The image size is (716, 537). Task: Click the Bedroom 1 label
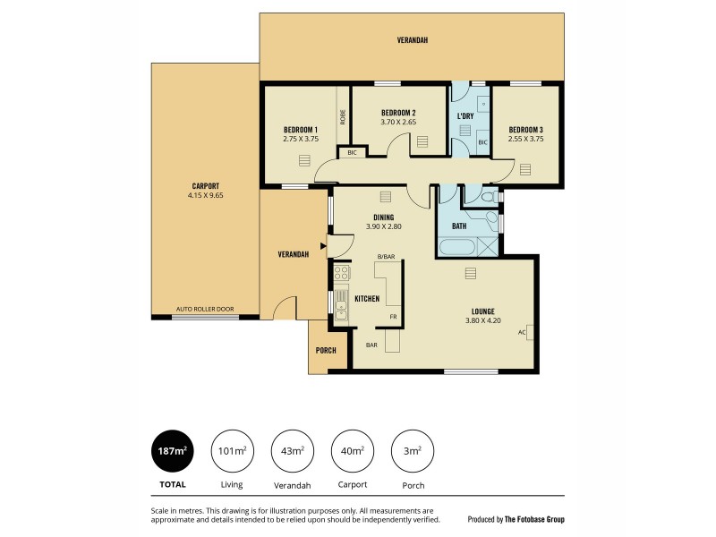301,130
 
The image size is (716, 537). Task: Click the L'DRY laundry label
465,116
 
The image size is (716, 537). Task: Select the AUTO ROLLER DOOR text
205,309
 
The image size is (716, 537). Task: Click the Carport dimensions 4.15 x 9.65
205,195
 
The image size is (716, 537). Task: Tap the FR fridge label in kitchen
392,317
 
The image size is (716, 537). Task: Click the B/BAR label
385,257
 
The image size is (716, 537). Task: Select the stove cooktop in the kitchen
341,273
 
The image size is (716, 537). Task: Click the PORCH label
326,350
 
